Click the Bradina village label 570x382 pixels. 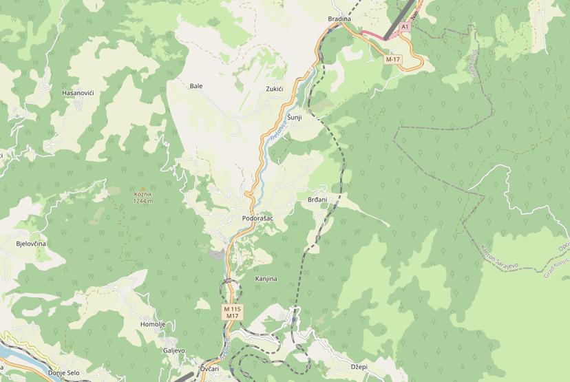pos(339,19)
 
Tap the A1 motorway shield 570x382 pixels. pos(405,27)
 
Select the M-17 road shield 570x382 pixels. pos(393,59)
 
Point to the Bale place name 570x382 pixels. pos(196,86)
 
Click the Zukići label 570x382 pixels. pos(275,89)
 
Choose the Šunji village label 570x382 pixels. pos(295,118)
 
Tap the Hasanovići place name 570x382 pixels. pos(78,93)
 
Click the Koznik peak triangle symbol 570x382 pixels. pos(143,188)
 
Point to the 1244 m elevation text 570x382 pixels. pos(143,201)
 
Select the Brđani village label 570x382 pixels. pos(317,200)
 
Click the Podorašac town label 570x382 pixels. pos(257,218)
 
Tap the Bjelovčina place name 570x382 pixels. pos(31,244)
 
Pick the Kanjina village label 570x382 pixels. pos(266,279)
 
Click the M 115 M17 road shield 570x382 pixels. pos(233,312)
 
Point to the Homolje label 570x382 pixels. pos(153,324)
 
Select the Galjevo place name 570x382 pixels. pos(173,350)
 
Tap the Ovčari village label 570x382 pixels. pos(209,369)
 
